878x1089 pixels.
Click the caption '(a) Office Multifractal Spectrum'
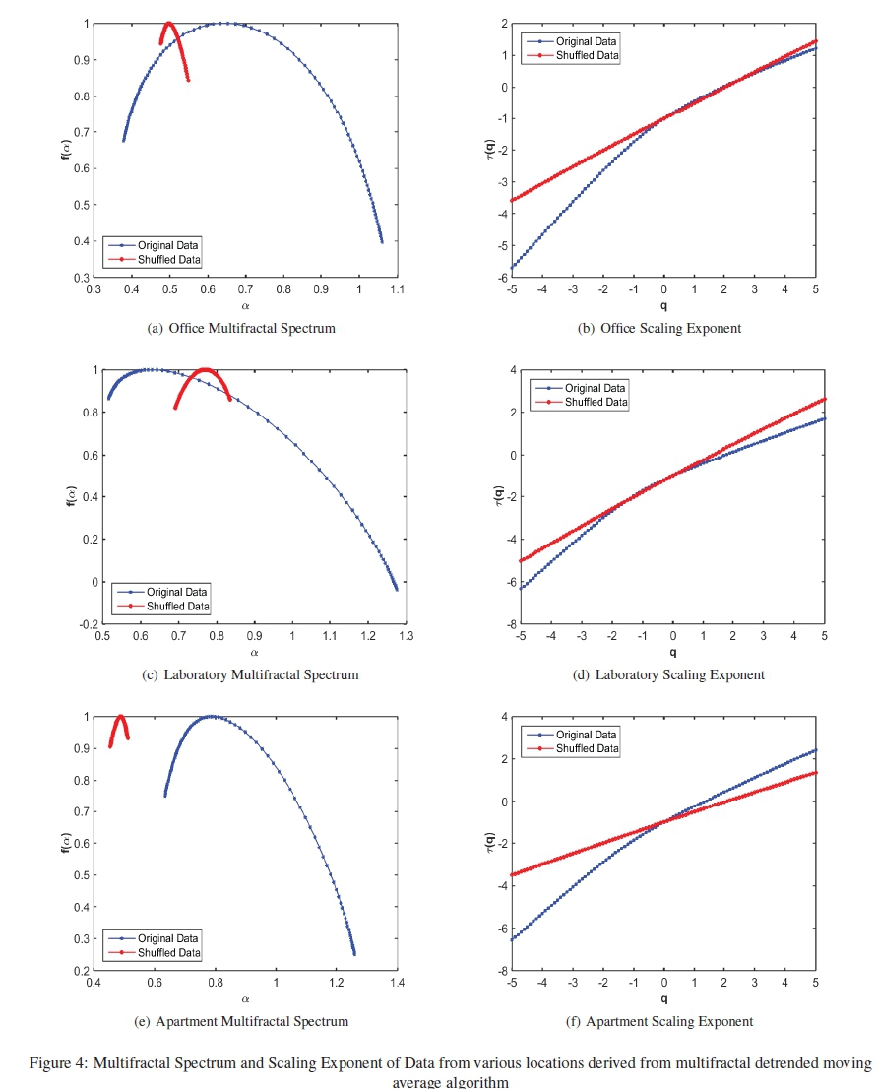coord(241,328)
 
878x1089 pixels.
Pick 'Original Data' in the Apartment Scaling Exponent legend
coord(587,735)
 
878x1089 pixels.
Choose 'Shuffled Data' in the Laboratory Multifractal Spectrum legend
coord(178,606)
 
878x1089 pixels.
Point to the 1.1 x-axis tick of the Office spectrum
coord(398,290)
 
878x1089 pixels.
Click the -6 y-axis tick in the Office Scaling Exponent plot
coord(501,279)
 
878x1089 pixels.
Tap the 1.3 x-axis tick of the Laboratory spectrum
coord(405,637)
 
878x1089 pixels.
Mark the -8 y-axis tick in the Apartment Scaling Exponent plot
coord(501,972)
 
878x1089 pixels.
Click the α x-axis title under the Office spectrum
coord(245,306)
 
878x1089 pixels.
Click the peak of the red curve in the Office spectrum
coord(168,23)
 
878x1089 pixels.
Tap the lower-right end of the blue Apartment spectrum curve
coord(354,953)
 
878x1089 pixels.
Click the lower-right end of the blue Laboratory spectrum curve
coord(397,589)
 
